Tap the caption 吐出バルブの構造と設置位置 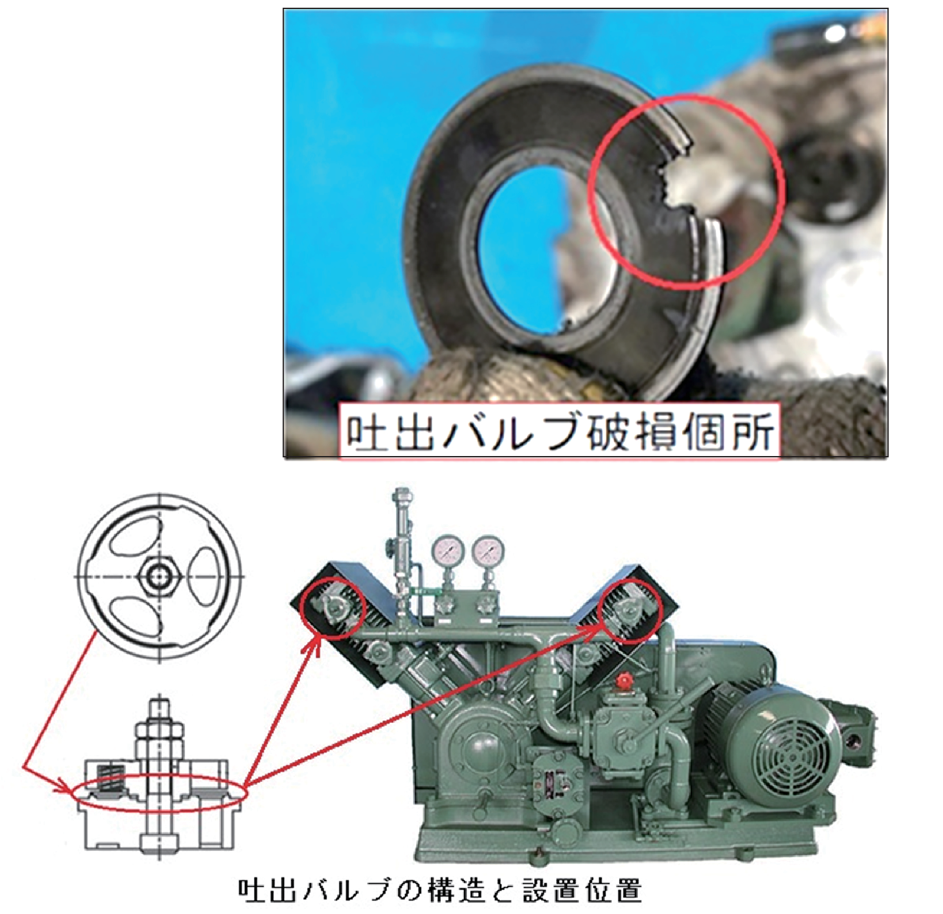440,890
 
